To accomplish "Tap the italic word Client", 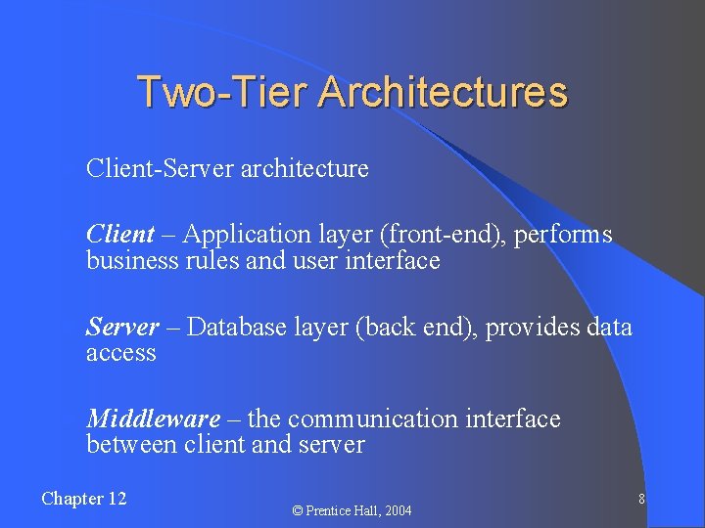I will pos(119,235).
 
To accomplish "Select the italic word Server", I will pos(122,327).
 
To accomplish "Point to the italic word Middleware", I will pos(153,419).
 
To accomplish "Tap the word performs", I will pos(567,235).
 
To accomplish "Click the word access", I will pos(120,353).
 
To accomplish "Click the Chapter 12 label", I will pos(84,499).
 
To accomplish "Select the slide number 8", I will pos(640,500).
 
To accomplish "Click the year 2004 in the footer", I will pos(398,510).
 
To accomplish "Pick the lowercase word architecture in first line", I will pos(305,168).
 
